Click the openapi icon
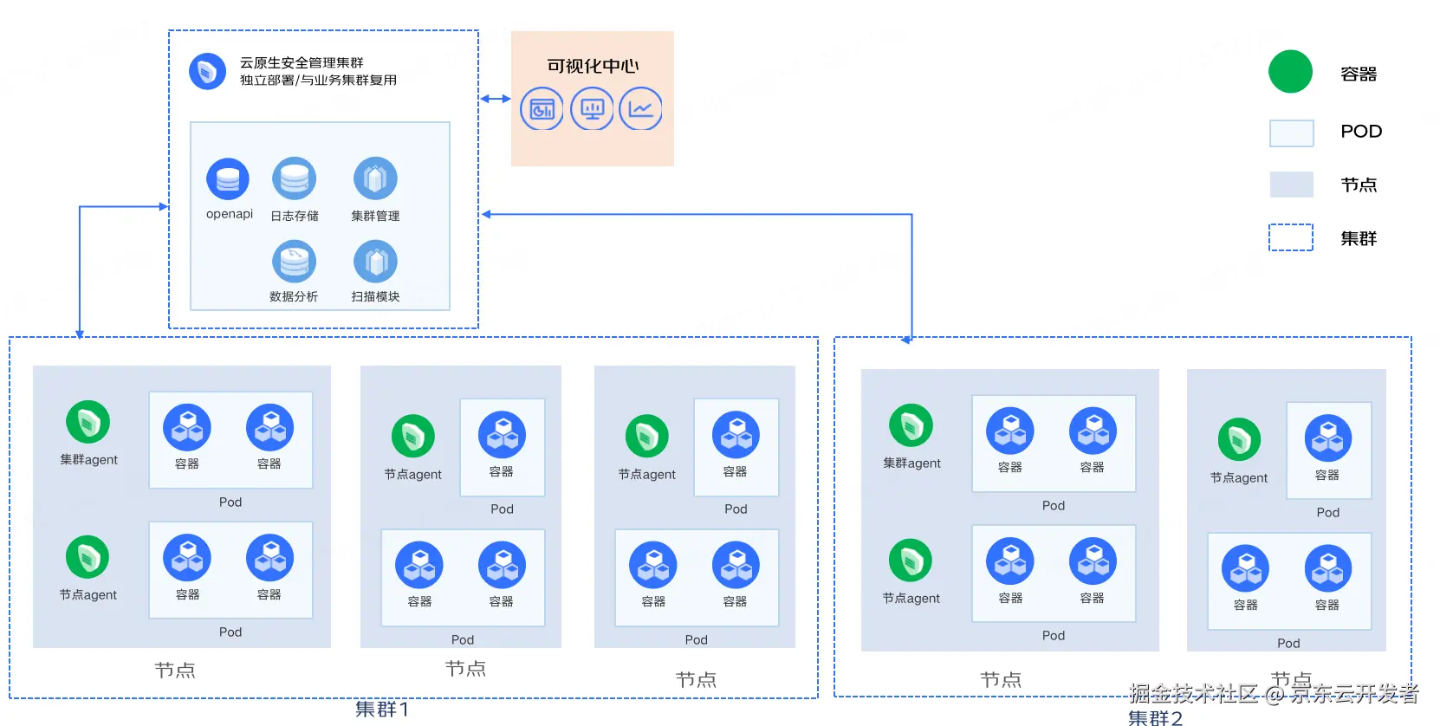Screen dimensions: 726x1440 (x=228, y=179)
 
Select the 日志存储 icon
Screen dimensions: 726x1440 (x=294, y=179)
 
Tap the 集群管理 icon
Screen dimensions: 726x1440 (x=375, y=179)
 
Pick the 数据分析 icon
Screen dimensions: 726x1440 (x=294, y=261)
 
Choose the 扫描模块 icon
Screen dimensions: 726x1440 (x=375, y=261)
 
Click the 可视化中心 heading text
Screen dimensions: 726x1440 (x=593, y=66)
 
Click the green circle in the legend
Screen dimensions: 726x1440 (x=1290, y=72)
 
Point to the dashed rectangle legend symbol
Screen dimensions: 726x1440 (x=1290, y=237)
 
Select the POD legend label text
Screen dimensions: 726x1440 (x=1360, y=132)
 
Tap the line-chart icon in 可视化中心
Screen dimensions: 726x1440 (x=641, y=109)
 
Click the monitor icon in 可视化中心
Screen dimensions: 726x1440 (x=593, y=109)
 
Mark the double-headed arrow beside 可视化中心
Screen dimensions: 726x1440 (x=495, y=99)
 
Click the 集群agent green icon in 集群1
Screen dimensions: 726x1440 (x=88, y=422)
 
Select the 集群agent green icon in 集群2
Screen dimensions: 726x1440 (x=911, y=425)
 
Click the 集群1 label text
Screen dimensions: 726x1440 (x=382, y=710)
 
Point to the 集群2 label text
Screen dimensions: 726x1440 (x=1155, y=717)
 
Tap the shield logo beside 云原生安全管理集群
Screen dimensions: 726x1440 (x=207, y=71)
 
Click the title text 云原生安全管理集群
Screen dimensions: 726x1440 (x=302, y=62)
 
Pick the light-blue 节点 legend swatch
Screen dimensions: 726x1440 (x=1290, y=185)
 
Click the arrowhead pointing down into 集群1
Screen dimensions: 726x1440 (x=80, y=334)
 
